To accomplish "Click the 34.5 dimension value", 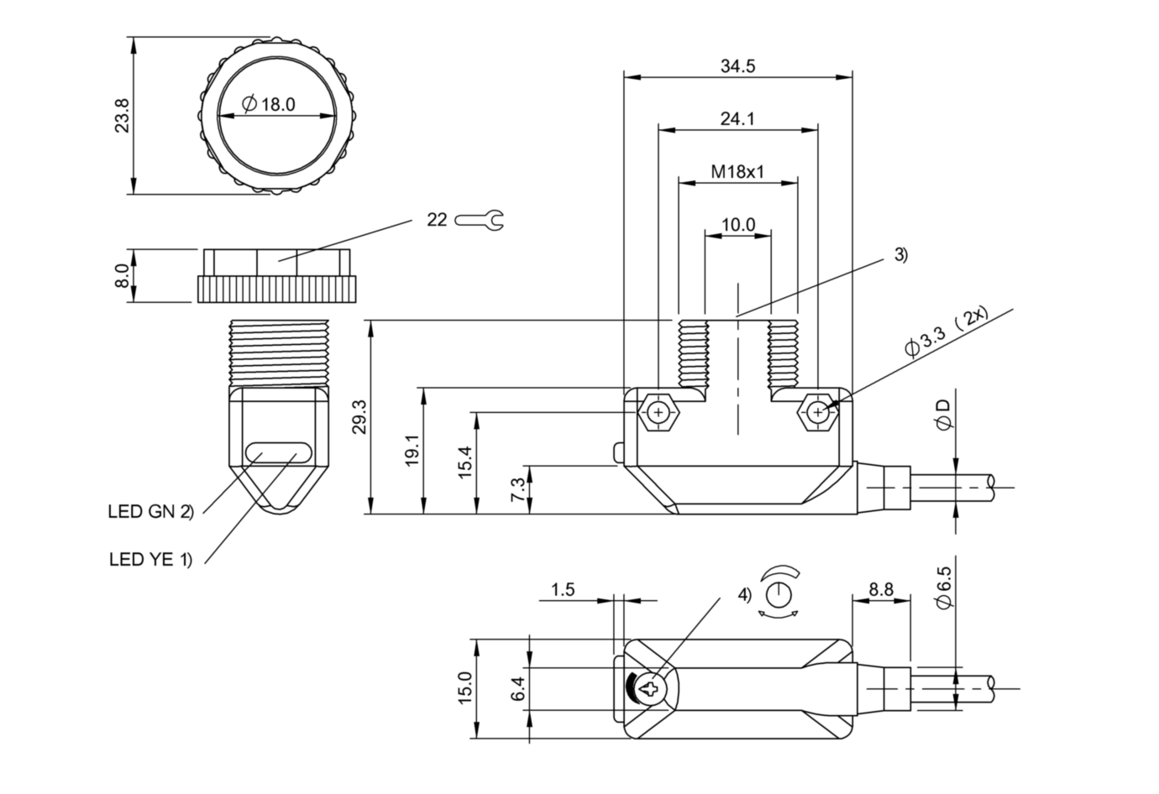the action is click(x=737, y=66).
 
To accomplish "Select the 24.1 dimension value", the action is click(x=737, y=119).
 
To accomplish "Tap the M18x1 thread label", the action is click(x=737, y=171).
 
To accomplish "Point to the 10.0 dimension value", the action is click(x=738, y=225).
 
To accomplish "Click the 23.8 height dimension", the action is click(x=123, y=116).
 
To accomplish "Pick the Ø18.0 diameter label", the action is click(x=269, y=104).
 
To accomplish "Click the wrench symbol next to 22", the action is click(x=479, y=220).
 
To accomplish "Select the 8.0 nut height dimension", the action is click(x=122, y=275).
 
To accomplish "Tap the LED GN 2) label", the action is click(x=150, y=512).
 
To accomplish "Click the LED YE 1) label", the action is click(x=150, y=559).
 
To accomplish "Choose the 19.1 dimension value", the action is click(x=412, y=450).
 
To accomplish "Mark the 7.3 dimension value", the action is click(x=517, y=489).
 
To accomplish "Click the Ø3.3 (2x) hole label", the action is click(x=947, y=332).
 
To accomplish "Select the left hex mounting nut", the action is click(x=658, y=412).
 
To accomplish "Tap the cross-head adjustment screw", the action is click(x=650, y=688).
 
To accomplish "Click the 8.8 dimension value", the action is click(x=881, y=589).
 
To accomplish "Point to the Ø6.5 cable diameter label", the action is click(x=943, y=587).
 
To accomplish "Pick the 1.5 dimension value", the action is click(x=563, y=589).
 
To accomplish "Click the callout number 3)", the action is click(x=901, y=255).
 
